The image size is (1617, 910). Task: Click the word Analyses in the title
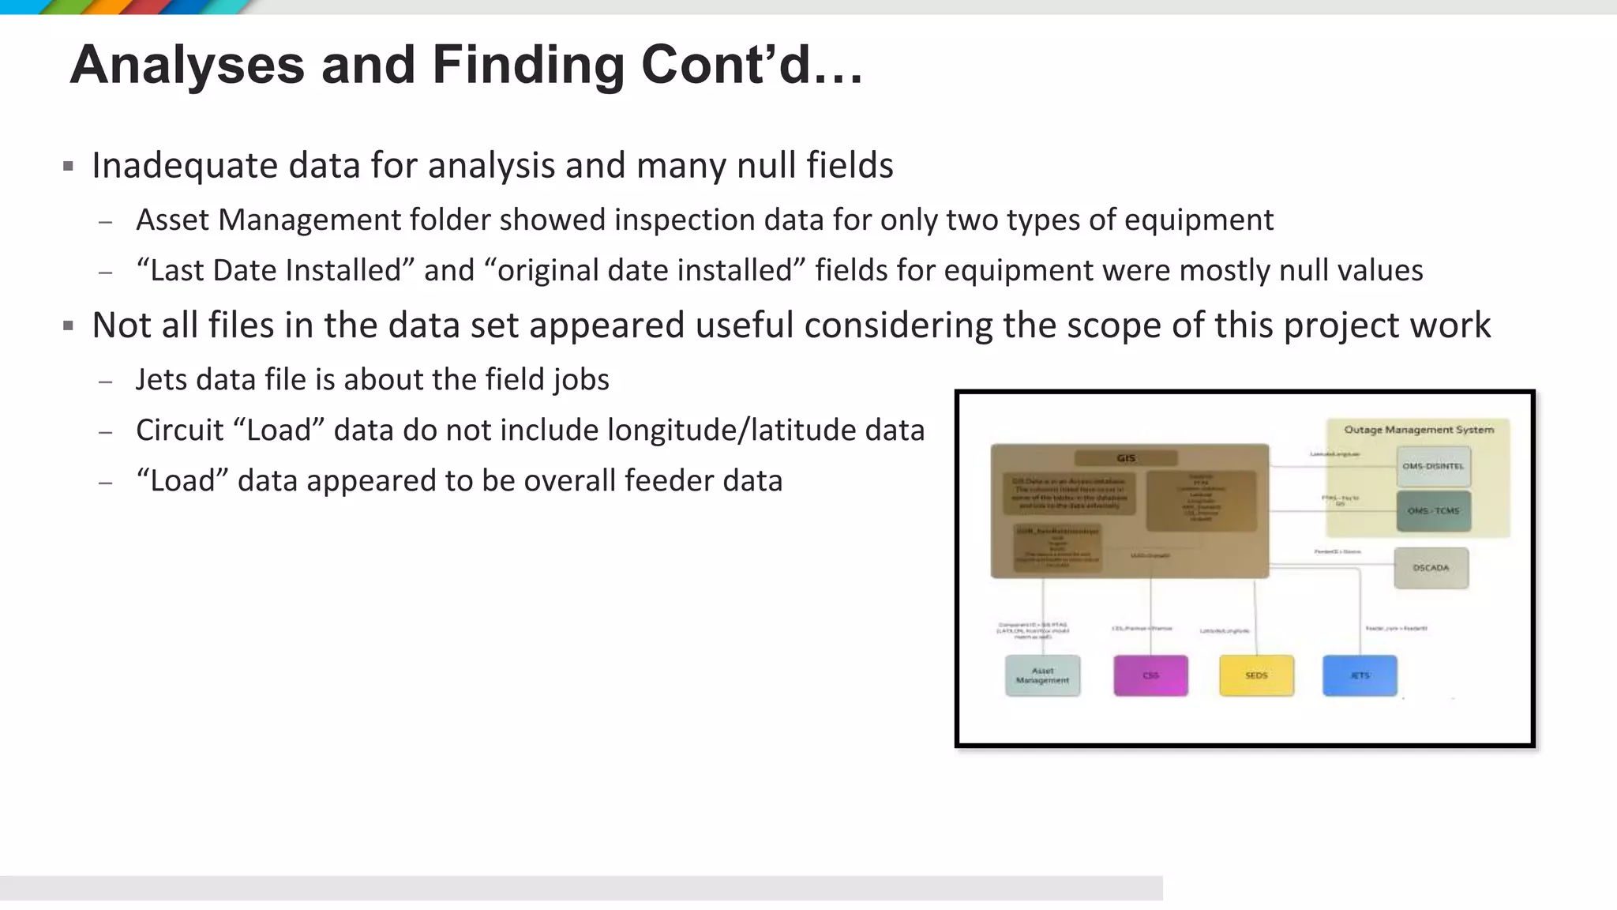(x=187, y=65)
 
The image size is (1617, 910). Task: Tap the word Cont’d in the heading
(x=726, y=65)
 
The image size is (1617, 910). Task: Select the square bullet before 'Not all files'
(x=69, y=325)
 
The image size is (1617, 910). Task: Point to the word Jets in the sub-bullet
(x=161, y=380)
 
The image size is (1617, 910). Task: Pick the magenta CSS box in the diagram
(x=1150, y=675)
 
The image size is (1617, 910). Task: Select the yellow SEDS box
(x=1256, y=675)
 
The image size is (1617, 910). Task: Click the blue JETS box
(x=1360, y=675)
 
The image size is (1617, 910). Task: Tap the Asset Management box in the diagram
(x=1042, y=675)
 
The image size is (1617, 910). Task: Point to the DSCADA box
(x=1431, y=568)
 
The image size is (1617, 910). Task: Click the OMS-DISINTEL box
(x=1433, y=466)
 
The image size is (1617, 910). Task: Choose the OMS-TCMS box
(x=1433, y=511)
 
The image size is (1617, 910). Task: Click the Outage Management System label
(x=1419, y=430)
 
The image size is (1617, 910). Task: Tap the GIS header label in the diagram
(x=1126, y=458)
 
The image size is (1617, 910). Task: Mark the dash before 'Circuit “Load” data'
(x=106, y=432)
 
